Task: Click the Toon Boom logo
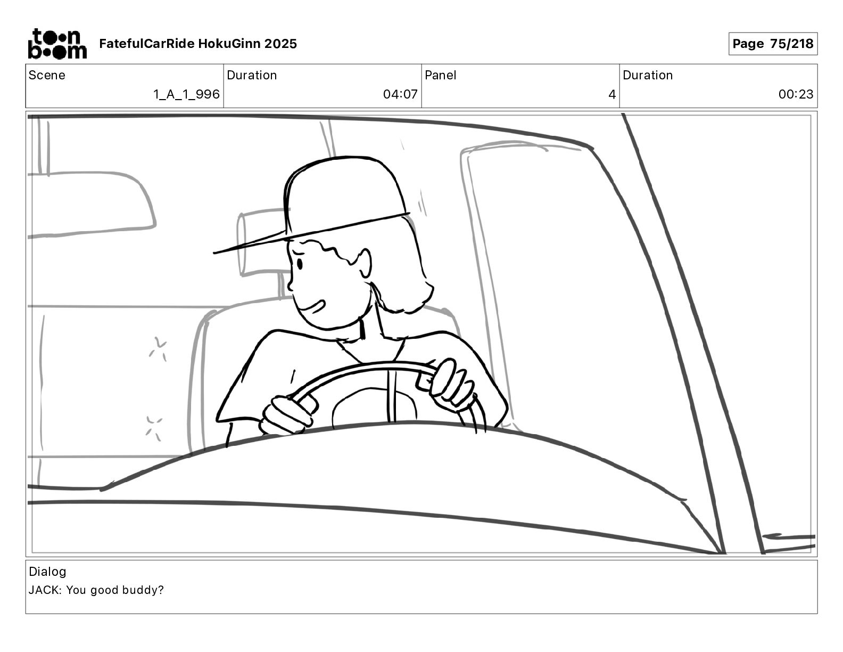pyautogui.click(x=57, y=44)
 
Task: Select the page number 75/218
pyautogui.click(x=791, y=44)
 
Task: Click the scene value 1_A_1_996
pyautogui.click(x=187, y=94)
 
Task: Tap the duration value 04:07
pyautogui.click(x=400, y=94)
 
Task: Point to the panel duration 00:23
pyautogui.click(x=796, y=94)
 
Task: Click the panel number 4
pyautogui.click(x=612, y=94)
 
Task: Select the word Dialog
pyautogui.click(x=47, y=572)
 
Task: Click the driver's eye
pyautogui.click(x=300, y=264)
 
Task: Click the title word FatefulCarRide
pyautogui.click(x=147, y=44)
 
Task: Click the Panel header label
pyautogui.click(x=440, y=75)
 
